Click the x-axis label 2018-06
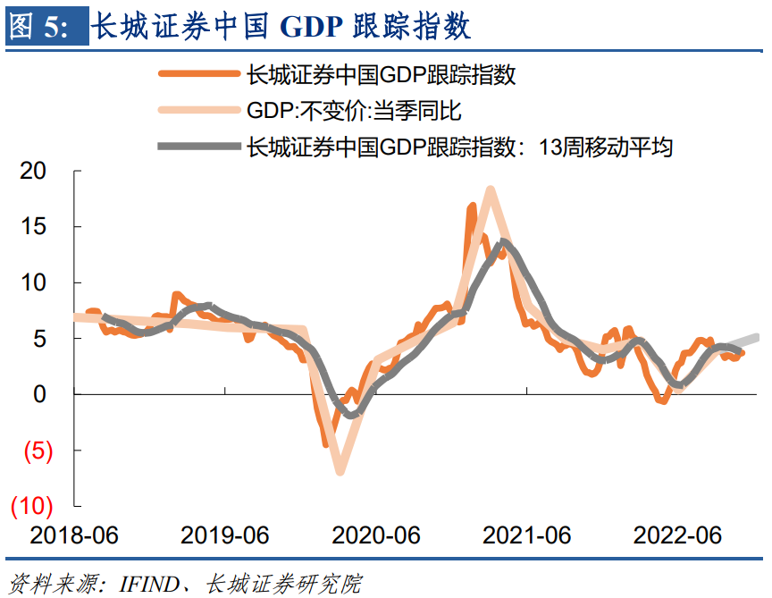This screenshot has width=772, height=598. [75, 535]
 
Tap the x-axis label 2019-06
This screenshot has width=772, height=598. [225, 535]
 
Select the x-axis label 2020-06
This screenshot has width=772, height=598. [376, 535]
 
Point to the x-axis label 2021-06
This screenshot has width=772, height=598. [527, 535]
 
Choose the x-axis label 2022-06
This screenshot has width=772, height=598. [677, 535]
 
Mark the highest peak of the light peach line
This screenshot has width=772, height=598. [490, 190]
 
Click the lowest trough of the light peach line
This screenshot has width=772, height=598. [340, 471]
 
